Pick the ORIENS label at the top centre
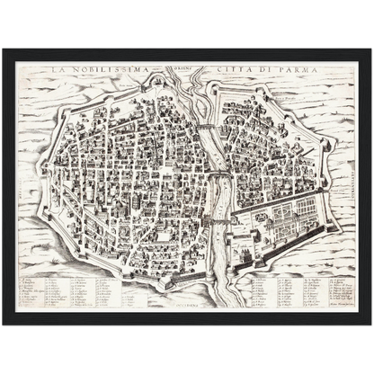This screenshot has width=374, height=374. [x=185, y=68]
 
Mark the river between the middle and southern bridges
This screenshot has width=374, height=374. [x=211, y=200]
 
